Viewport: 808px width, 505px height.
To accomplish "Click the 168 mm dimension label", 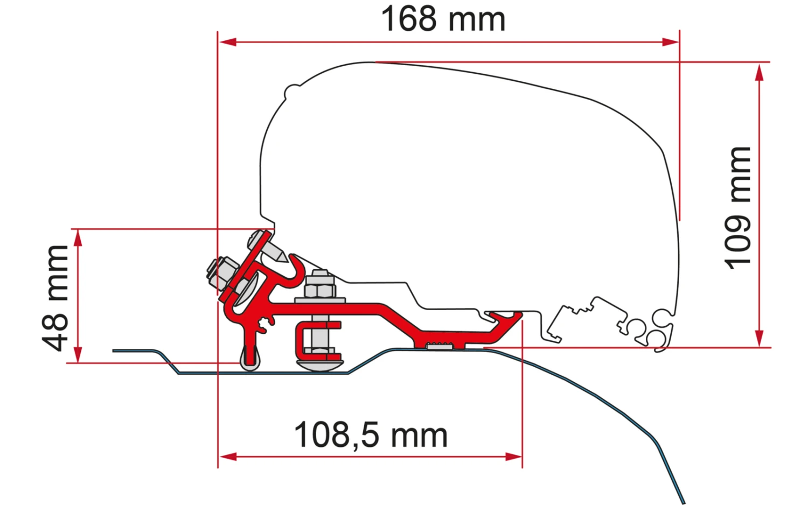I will [443, 19].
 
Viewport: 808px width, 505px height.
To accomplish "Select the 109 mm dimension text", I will [739, 207].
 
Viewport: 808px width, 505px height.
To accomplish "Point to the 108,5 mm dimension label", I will [371, 435].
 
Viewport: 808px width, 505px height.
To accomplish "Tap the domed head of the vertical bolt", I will [320, 364].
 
